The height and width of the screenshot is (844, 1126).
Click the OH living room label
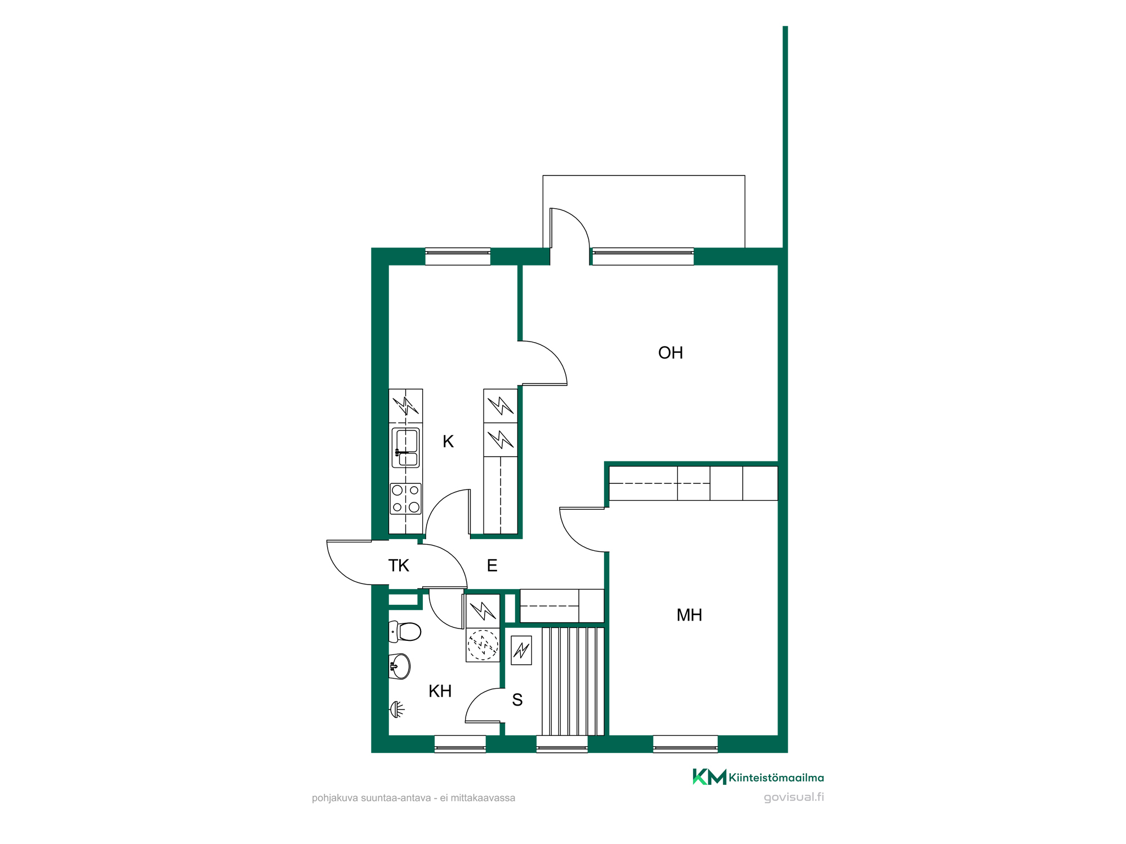(671, 353)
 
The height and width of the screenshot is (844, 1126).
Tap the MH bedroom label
(689, 615)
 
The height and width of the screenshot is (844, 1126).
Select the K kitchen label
(448, 442)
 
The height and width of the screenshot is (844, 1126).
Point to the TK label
(399, 565)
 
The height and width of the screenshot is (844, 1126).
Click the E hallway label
(492, 565)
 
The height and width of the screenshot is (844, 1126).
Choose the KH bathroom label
(440, 691)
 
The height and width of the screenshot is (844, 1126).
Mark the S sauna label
(517, 700)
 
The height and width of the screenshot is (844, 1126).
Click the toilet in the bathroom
(405, 631)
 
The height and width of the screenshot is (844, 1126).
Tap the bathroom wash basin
(400, 666)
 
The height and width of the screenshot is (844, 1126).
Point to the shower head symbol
(397, 710)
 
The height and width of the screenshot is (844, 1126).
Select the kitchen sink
(405, 448)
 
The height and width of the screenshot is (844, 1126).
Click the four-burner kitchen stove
(405, 499)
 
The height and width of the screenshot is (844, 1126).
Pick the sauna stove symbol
(521, 650)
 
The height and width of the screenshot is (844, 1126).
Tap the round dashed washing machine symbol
(482, 645)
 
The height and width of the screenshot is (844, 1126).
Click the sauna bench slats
(573, 681)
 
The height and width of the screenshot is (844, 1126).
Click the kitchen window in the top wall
(458, 256)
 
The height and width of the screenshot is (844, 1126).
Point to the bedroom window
(685, 744)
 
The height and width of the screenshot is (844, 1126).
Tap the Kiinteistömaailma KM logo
(758, 777)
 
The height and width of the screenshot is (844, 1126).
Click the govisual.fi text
(794, 797)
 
